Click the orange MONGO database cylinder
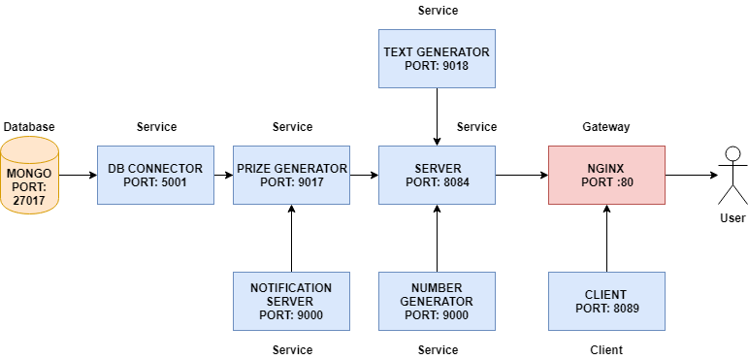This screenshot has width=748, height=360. pyautogui.click(x=29, y=175)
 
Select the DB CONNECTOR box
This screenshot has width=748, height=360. pyautogui.click(x=155, y=175)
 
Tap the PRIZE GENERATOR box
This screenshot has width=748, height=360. pyautogui.click(x=291, y=175)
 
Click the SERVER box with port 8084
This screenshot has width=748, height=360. pyautogui.click(x=437, y=175)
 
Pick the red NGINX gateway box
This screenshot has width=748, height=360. pyautogui.click(x=606, y=175)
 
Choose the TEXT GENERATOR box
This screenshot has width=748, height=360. pyautogui.click(x=437, y=58)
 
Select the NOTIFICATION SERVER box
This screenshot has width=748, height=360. pyautogui.click(x=291, y=302)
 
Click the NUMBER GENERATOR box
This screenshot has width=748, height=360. pyautogui.click(x=437, y=302)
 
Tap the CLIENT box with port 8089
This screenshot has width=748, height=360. pyautogui.click(x=606, y=302)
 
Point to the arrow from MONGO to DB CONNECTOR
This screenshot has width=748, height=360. pyautogui.click(x=78, y=175)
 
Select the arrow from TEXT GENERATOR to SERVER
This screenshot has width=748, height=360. pyautogui.click(x=437, y=116)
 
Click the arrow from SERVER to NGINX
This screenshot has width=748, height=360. pyautogui.click(x=522, y=175)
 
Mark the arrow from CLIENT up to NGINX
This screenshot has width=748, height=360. pyautogui.click(x=606, y=239)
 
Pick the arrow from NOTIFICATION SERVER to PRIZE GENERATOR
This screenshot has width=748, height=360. pyautogui.click(x=291, y=239)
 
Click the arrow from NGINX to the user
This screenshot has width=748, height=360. pyautogui.click(x=692, y=175)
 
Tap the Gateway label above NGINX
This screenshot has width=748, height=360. pyautogui.click(x=606, y=127)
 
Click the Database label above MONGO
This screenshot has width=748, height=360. pyautogui.click(x=29, y=127)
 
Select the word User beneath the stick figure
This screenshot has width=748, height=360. pyautogui.click(x=732, y=218)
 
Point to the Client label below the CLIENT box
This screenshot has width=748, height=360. pyautogui.click(x=606, y=350)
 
